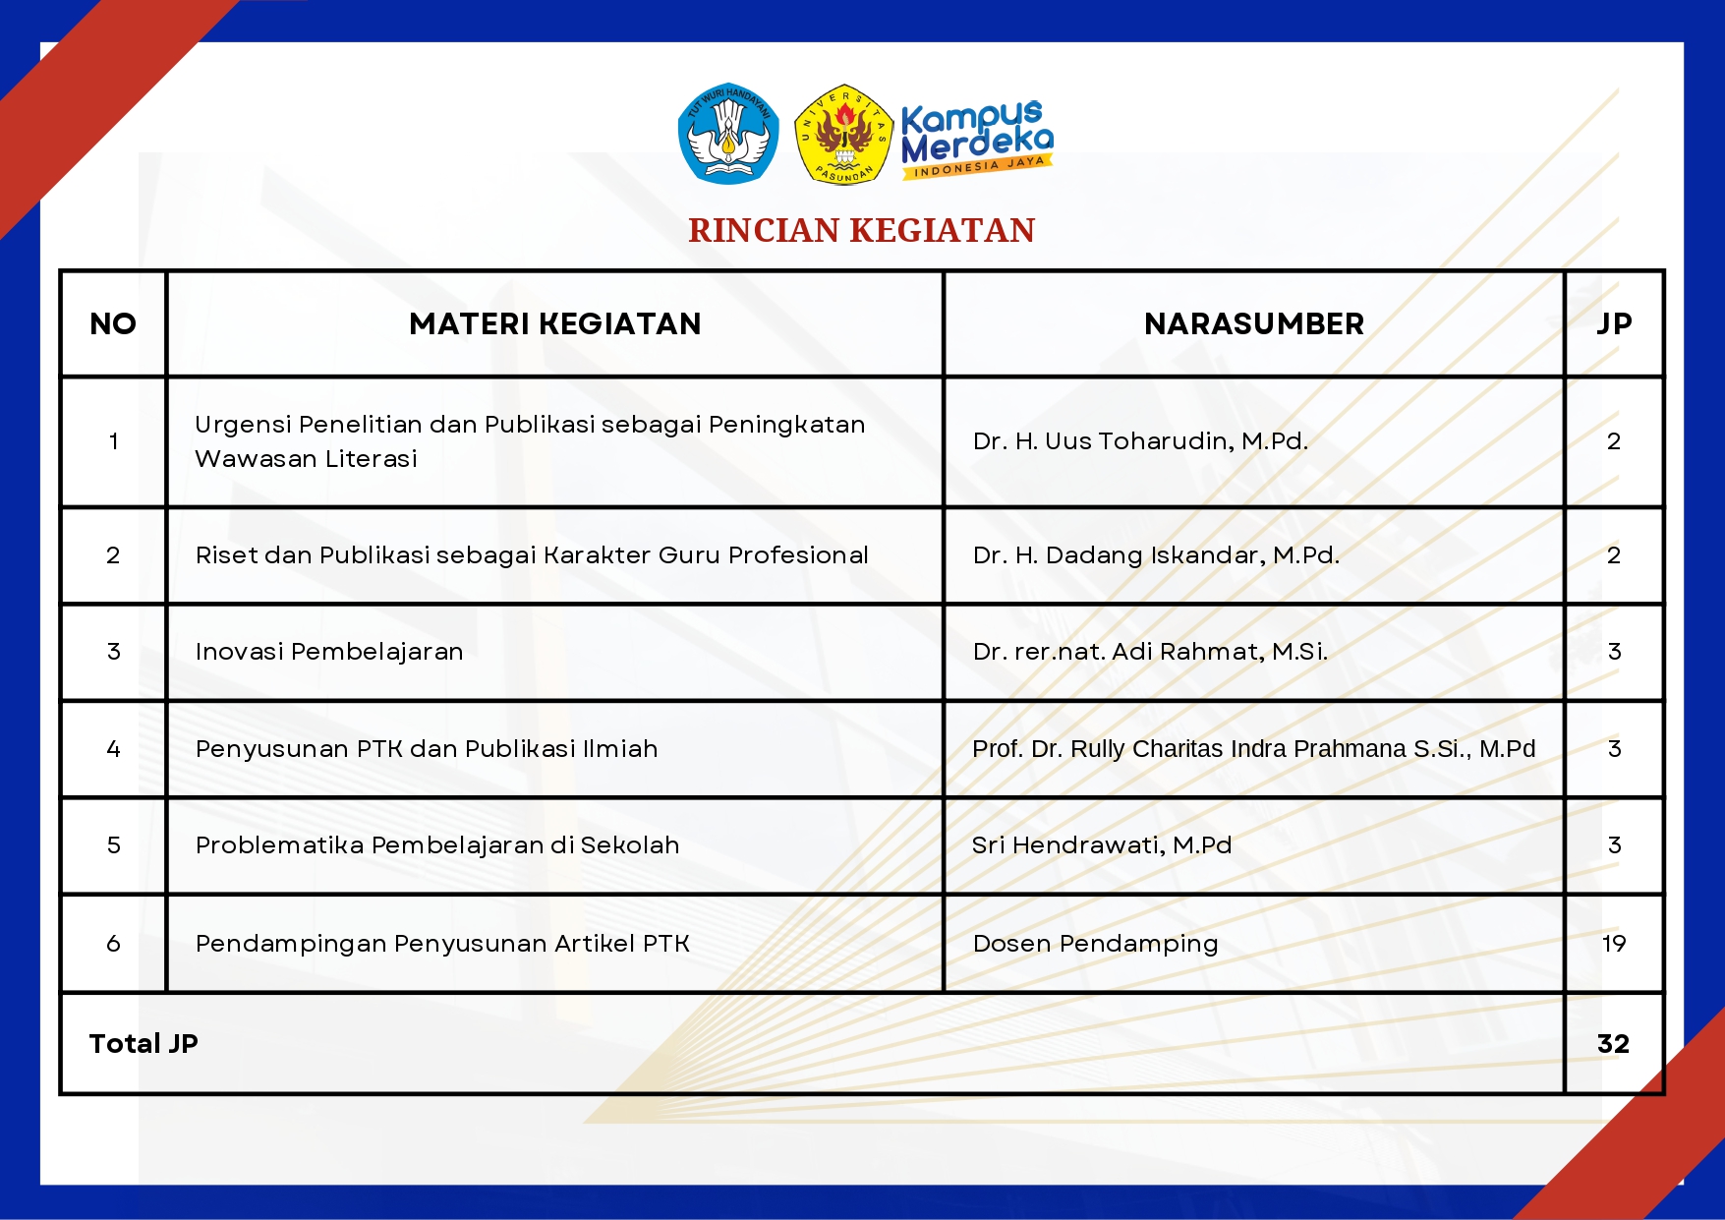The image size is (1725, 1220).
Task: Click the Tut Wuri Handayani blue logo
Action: (x=728, y=134)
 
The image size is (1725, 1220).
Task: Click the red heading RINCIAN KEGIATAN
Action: (x=861, y=230)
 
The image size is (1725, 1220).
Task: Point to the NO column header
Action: (x=113, y=323)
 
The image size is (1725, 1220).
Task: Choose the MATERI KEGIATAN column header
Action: (x=554, y=323)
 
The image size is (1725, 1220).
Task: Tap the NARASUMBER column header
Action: (x=1253, y=323)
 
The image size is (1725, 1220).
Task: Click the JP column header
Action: (x=1614, y=323)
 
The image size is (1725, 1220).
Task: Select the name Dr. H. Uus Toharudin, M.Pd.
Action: (x=1140, y=441)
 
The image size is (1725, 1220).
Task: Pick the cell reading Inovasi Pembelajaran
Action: (x=329, y=652)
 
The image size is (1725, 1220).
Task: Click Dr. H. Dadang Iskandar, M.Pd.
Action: (x=1156, y=555)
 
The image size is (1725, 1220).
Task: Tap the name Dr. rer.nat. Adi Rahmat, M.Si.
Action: (x=1150, y=652)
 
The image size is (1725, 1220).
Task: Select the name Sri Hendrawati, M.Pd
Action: (x=1102, y=845)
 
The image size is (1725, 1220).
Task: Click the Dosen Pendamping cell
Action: (x=1095, y=944)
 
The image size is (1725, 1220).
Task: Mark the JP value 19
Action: (x=1614, y=944)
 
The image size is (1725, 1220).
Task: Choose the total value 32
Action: (x=1613, y=1044)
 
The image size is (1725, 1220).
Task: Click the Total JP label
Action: (x=144, y=1044)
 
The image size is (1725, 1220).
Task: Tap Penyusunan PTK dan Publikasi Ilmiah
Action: (x=427, y=749)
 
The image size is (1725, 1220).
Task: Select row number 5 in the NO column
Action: (x=113, y=845)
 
